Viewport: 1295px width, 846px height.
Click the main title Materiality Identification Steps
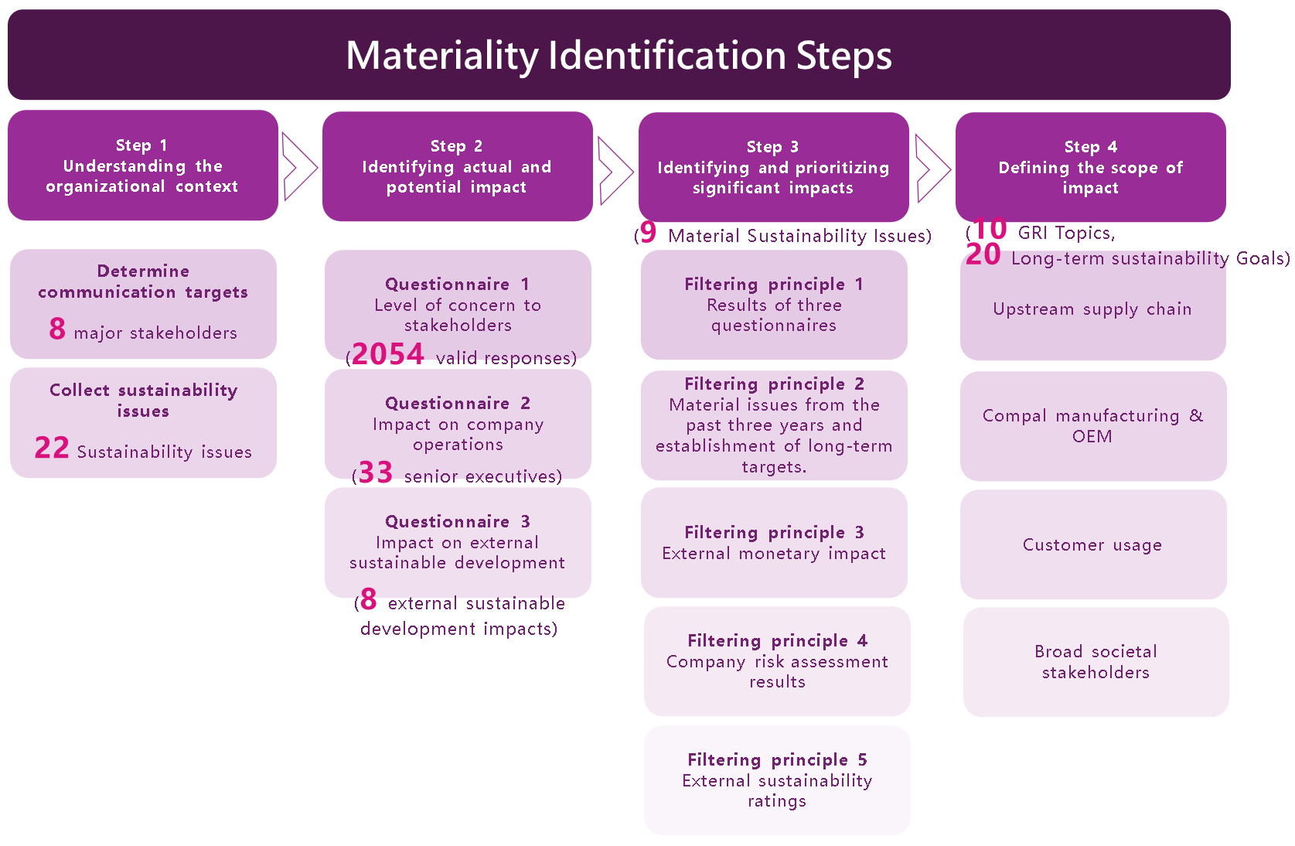619,56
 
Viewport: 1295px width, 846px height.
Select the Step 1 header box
143,165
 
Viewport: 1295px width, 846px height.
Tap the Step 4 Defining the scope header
1090,167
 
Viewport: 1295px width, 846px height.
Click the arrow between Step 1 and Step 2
299,166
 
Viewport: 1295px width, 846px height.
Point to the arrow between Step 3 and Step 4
932,168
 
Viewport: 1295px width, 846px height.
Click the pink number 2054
388,355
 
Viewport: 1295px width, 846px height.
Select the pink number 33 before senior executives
376,472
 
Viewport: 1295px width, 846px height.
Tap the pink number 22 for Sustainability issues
52,449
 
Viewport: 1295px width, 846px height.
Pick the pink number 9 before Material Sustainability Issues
648,233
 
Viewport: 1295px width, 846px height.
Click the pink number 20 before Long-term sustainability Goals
983,255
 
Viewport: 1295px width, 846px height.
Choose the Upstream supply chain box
1092,309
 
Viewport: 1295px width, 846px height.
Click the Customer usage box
1092,544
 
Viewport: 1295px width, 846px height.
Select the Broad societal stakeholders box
1096,662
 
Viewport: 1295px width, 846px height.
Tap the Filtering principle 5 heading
777,759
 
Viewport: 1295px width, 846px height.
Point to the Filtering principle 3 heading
774,532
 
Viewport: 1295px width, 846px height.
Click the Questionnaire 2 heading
458,403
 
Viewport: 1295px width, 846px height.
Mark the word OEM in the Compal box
1092,437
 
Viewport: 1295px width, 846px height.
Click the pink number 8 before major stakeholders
57,329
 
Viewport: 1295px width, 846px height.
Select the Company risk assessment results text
777,671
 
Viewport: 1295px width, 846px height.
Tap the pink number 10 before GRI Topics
990,230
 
